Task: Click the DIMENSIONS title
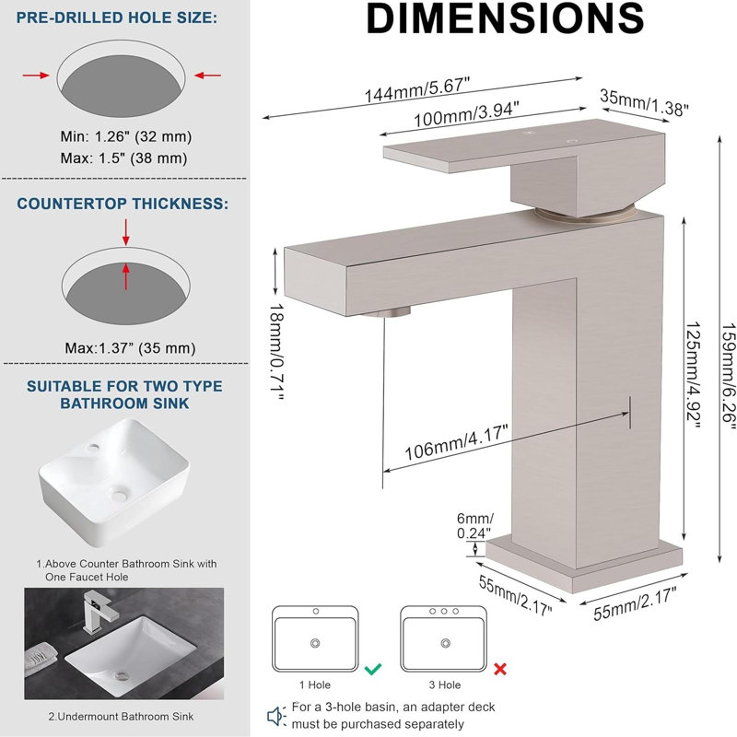pyautogui.click(x=505, y=18)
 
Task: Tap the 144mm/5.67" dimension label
pyautogui.click(x=417, y=89)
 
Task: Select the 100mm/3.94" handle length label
pyautogui.click(x=466, y=114)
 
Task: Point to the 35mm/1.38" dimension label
pyautogui.click(x=644, y=102)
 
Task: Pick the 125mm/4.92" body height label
pyautogui.click(x=694, y=375)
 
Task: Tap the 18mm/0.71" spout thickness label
pyautogui.click(x=277, y=352)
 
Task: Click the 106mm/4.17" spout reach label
pyautogui.click(x=456, y=443)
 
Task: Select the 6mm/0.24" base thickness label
pyautogui.click(x=474, y=525)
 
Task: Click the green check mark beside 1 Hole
pyautogui.click(x=373, y=669)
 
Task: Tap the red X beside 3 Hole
pyautogui.click(x=500, y=669)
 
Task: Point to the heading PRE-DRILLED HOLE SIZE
pyautogui.click(x=117, y=18)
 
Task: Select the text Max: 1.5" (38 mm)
pyautogui.click(x=123, y=158)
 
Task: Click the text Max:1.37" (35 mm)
pyautogui.click(x=130, y=348)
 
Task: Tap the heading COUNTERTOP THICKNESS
pyautogui.click(x=123, y=204)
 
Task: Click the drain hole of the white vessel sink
pyautogui.click(x=119, y=494)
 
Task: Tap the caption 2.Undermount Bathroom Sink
pyautogui.click(x=121, y=717)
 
